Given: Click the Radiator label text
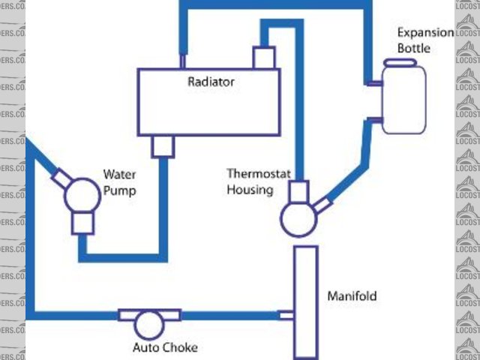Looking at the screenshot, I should click(x=211, y=81).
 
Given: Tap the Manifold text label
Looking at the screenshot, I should click(x=352, y=296).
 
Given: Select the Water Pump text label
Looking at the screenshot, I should click(x=119, y=183).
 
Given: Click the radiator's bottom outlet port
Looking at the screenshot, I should click(x=163, y=146).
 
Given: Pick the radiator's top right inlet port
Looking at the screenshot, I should click(x=265, y=57).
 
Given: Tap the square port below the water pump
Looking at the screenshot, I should click(x=82, y=223).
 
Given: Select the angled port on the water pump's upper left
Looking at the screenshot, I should click(x=61, y=178).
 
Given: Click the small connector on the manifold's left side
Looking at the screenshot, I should click(x=286, y=315).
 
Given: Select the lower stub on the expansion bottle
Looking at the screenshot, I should click(x=374, y=118).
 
